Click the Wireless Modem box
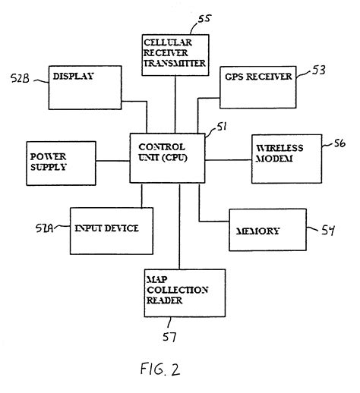282,157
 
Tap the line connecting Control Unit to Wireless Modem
229,160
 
